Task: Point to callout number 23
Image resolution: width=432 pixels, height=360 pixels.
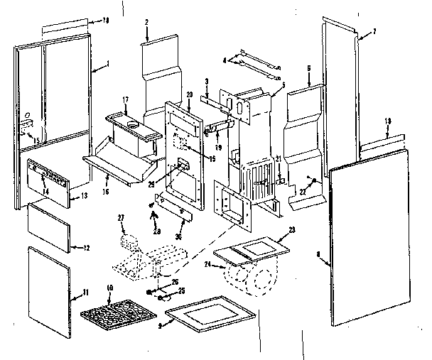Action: coord(291,230)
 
